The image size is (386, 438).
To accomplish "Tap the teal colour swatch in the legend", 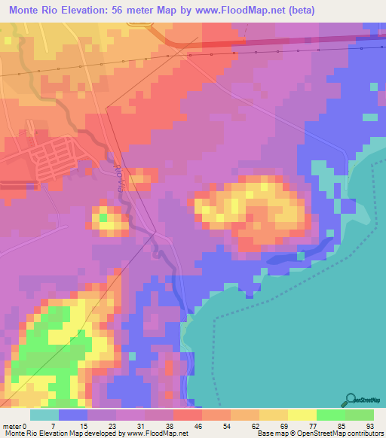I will pyautogui.click(x=44, y=415).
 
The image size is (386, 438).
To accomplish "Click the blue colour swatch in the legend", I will pyautogui.click(x=72, y=415).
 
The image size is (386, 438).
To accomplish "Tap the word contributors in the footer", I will pyautogui.click(x=364, y=433).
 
